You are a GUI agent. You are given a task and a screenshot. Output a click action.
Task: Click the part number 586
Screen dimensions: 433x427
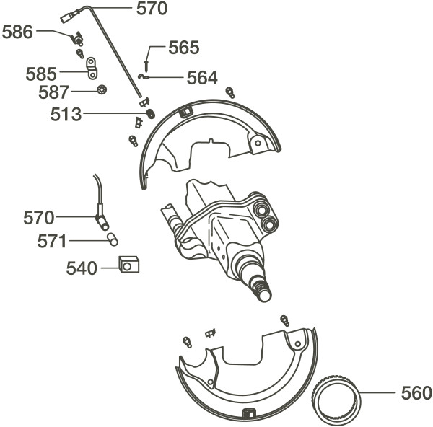[x=17, y=32]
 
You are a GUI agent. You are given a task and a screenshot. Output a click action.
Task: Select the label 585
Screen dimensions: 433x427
[x=41, y=74]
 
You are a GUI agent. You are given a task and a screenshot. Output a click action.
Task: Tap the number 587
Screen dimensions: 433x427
[x=53, y=92]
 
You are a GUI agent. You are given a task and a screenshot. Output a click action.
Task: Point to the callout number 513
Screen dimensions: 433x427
[x=66, y=114]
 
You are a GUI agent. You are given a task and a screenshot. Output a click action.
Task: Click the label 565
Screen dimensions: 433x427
[x=184, y=48]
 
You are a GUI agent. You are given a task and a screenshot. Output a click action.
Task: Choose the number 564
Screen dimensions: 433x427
[x=202, y=78]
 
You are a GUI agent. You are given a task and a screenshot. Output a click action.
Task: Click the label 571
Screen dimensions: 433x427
[x=52, y=241]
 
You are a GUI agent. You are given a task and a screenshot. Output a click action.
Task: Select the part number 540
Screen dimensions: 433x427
[x=82, y=268]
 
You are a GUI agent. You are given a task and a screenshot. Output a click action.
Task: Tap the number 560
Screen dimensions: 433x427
[x=416, y=393]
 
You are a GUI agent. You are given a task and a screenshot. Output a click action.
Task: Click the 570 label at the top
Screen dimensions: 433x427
[x=152, y=9]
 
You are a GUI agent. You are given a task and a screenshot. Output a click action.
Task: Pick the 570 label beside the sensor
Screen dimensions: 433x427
[x=39, y=218]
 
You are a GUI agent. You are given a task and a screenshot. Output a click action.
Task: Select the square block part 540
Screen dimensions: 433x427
[x=128, y=264]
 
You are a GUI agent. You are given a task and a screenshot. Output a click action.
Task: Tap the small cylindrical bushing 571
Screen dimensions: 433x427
[x=113, y=239]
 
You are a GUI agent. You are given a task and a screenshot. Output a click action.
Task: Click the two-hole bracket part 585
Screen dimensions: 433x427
[x=92, y=69]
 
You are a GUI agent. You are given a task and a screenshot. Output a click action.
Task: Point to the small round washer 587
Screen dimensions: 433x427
[x=102, y=89]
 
